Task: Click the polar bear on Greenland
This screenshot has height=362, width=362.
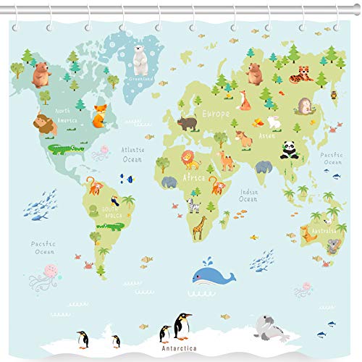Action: [140, 61]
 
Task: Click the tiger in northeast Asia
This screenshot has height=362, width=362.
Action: [301, 74]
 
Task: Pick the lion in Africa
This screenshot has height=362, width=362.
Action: [190, 159]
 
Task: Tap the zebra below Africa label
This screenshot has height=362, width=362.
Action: [193, 205]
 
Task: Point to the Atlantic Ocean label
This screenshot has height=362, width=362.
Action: [132, 154]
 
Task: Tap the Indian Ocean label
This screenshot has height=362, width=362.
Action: [248, 195]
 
